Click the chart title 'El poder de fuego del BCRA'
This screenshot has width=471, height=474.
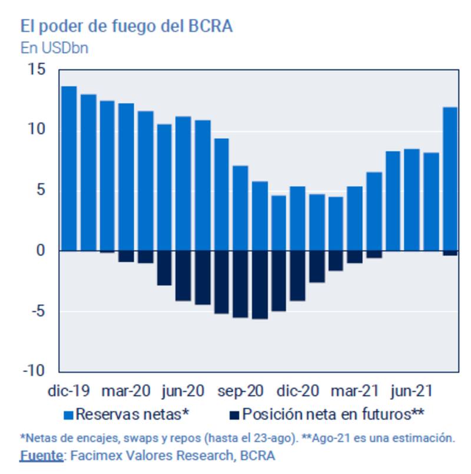click(127, 26)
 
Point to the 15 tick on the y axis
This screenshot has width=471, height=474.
click(36, 69)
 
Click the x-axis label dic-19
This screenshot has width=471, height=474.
click(69, 391)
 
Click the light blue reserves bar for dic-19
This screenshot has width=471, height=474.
click(69, 168)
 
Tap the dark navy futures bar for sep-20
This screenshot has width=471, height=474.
click(241, 284)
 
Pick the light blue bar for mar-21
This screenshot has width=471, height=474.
click(355, 218)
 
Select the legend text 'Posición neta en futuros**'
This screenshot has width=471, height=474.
click(333, 414)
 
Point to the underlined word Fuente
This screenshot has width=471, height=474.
click(41, 455)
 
